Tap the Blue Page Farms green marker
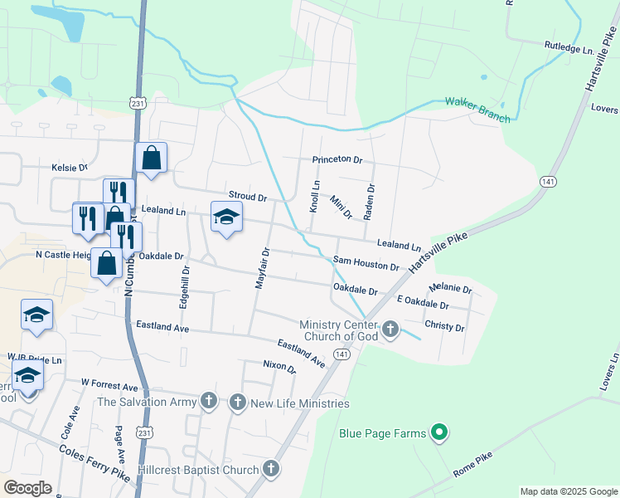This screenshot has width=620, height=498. tap(441, 432)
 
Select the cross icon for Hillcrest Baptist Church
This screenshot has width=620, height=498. tap(270, 470)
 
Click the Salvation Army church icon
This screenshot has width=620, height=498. tap(209, 403)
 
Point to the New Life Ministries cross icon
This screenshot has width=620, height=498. tap(238, 403)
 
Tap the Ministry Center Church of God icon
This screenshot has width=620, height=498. tap(390, 330)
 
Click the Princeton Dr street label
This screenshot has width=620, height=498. tap(337, 159)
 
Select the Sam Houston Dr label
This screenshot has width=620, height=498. tap(366, 263)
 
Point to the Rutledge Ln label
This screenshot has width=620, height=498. tap(569, 49)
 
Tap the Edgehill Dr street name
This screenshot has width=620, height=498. tap(185, 287)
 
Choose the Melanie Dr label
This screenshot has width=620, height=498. tap(450, 289)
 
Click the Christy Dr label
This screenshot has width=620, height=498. tap(444, 327)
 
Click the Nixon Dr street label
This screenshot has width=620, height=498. tap(279, 366)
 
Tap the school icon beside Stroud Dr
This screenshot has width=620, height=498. tap(226, 217)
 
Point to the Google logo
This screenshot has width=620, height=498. tap(27, 488)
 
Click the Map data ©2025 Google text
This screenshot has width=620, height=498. tap(568, 491)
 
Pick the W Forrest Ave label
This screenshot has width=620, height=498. tap(109, 387)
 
